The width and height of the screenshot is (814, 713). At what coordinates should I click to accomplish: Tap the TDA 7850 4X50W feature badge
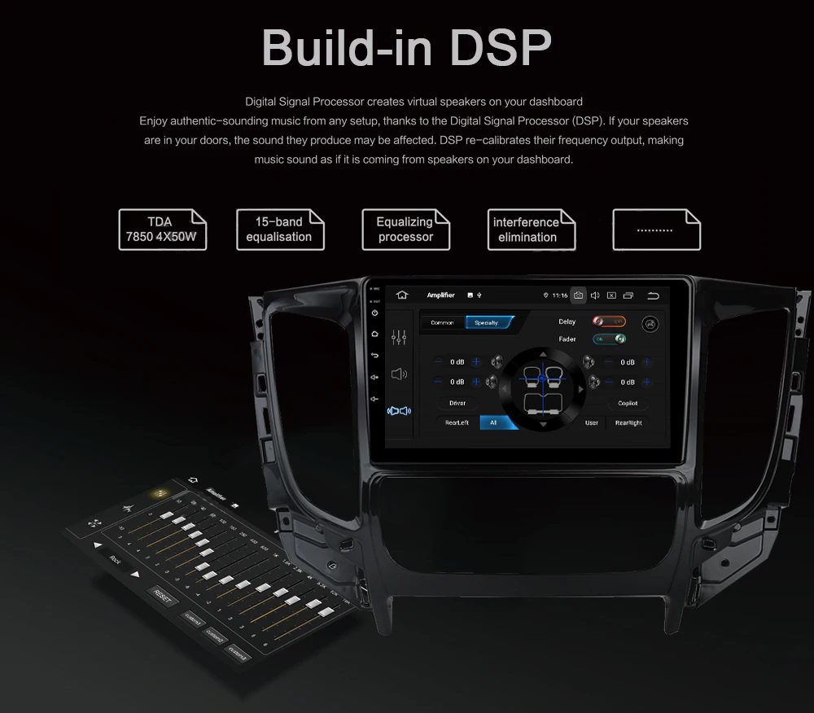[x=162, y=230]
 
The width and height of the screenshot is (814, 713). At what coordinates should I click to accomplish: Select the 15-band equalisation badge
[x=279, y=230]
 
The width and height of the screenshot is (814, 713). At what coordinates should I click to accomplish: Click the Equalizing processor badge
[x=405, y=230]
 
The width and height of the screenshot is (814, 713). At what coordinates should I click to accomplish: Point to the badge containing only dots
[x=655, y=230]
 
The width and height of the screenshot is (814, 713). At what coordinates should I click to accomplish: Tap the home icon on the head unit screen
[x=401, y=295]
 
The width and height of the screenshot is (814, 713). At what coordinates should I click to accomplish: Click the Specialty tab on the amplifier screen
[x=488, y=322]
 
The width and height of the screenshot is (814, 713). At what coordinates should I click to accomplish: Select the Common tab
[x=442, y=322]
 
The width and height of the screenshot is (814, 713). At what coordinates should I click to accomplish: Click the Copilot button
[x=628, y=403]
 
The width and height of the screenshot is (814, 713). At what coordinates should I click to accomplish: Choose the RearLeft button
[x=457, y=422]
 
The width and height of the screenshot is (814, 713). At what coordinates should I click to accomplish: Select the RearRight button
[x=628, y=422]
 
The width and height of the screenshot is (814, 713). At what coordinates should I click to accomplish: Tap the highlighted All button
[x=493, y=422]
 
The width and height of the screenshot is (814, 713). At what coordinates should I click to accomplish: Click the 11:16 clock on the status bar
[x=559, y=295]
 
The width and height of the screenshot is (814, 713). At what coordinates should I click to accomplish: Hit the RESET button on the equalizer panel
[x=162, y=597]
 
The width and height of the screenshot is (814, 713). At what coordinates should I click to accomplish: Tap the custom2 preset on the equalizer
[x=215, y=634]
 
